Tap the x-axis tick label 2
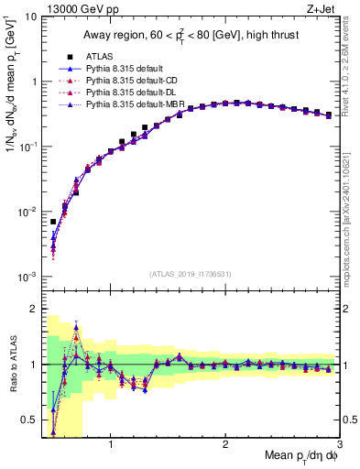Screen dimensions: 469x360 pyautogui.click(x=225, y=443)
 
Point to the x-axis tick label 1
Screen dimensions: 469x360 pyautogui.click(x=111, y=443)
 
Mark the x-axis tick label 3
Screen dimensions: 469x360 pyautogui.click(x=339, y=443)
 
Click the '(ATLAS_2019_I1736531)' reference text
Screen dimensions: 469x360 pyautogui.click(x=191, y=274)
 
